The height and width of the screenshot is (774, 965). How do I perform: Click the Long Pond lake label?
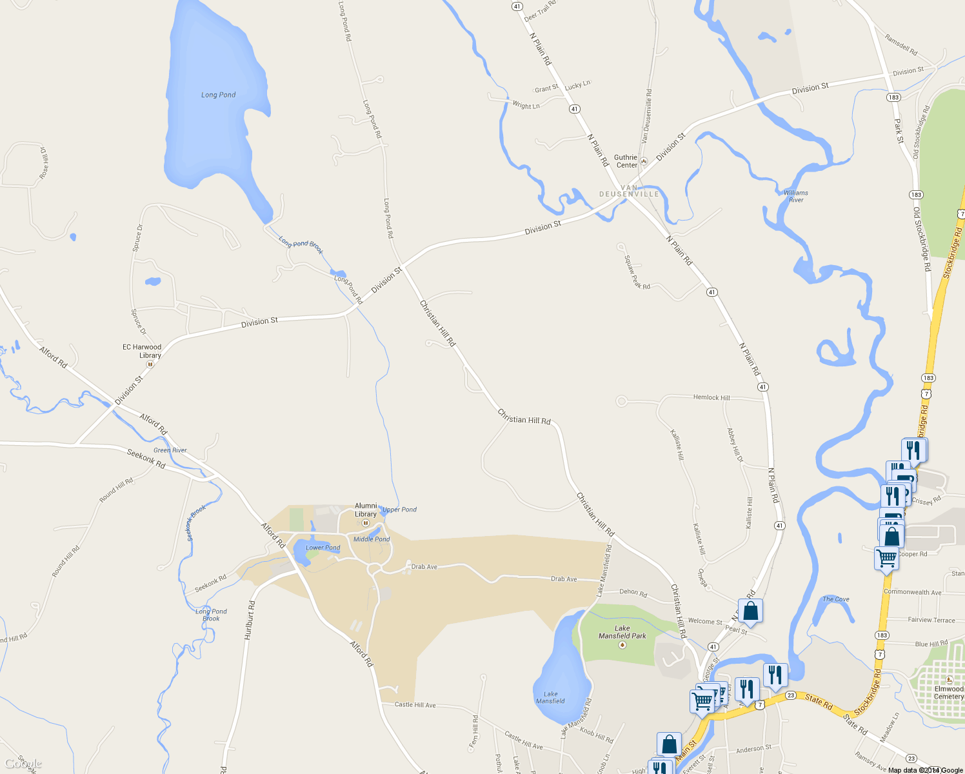(x=218, y=95)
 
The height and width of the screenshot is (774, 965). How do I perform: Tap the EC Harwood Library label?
(x=142, y=351)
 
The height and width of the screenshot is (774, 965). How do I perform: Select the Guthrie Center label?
(x=626, y=161)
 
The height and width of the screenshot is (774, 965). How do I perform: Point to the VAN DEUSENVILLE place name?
(x=629, y=191)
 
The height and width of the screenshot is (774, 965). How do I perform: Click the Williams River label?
(x=796, y=196)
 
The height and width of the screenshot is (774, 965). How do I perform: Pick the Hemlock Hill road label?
(x=711, y=397)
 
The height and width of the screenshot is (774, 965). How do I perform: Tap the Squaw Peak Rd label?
(x=637, y=272)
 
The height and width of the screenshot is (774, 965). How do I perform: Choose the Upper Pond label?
(x=400, y=510)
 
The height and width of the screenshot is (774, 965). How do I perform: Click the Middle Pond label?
(x=372, y=539)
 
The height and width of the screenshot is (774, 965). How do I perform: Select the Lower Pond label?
(x=323, y=548)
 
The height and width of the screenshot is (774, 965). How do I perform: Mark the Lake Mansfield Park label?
(x=622, y=632)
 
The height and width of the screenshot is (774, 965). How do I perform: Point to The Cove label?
(x=836, y=599)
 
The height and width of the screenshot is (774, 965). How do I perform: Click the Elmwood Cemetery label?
(x=949, y=693)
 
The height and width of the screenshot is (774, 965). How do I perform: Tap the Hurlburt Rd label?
(x=250, y=620)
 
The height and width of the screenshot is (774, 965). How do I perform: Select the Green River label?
(x=170, y=450)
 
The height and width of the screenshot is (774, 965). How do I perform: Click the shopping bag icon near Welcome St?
(x=750, y=610)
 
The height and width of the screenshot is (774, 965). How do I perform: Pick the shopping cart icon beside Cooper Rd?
(x=887, y=557)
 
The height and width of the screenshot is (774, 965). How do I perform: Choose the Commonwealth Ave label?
(x=912, y=592)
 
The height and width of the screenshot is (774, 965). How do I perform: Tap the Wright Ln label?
(x=526, y=105)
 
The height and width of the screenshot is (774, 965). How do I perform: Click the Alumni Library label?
(x=366, y=510)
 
